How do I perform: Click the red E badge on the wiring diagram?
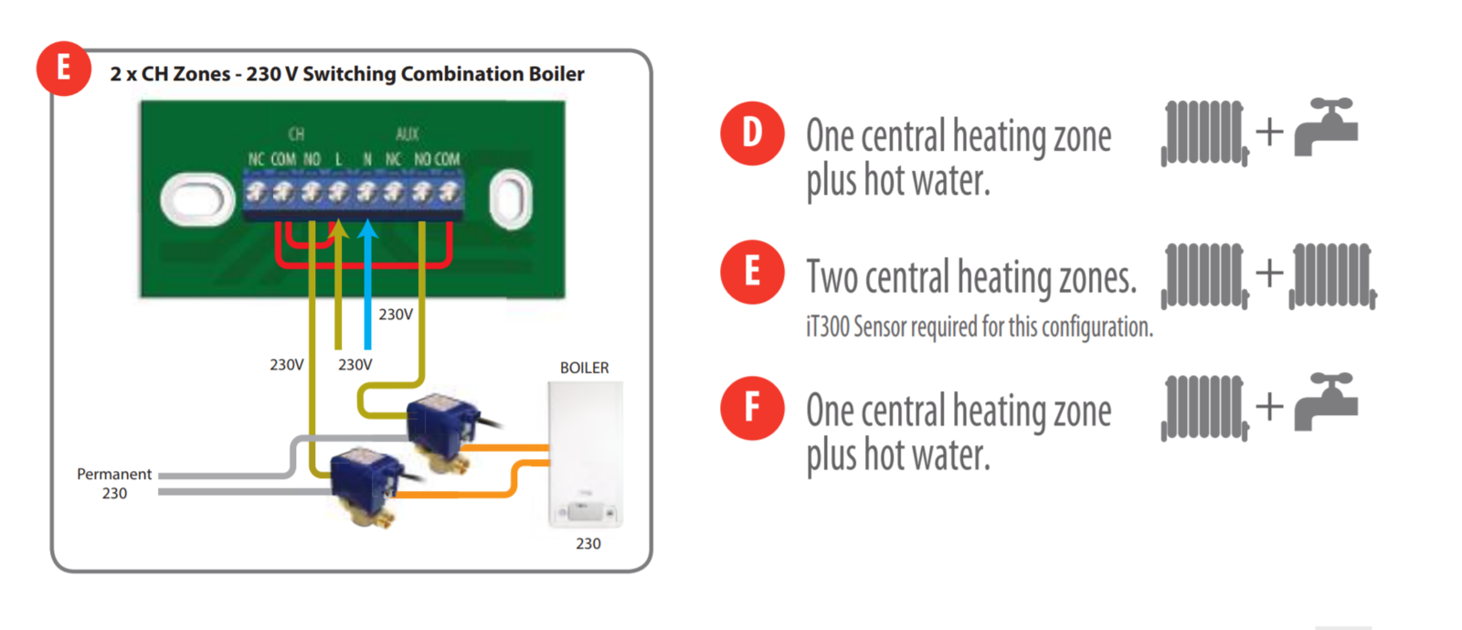pyautogui.click(x=63, y=69)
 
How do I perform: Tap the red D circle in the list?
pyautogui.click(x=752, y=133)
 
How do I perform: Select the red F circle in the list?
pyautogui.click(x=752, y=408)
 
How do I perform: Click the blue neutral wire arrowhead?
pyautogui.click(x=368, y=229)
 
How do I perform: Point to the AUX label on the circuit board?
pyautogui.click(x=408, y=134)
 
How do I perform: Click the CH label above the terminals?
pyautogui.click(x=296, y=134)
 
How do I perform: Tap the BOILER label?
pyautogui.click(x=584, y=368)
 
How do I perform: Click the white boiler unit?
pyautogui.click(x=586, y=454)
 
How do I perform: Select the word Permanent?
pyautogui.click(x=114, y=474)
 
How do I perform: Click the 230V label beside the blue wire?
pyautogui.click(x=396, y=315)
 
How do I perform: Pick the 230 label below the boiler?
pyautogui.click(x=588, y=543)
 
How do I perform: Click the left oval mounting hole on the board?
pyautogui.click(x=197, y=199)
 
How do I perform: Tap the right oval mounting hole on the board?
pyautogui.click(x=511, y=198)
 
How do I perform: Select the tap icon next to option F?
pyautogui.click(x=1326, y=402)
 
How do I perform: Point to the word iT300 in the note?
pyautogui.click(x=828, y=326)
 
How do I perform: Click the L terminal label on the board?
pyautogui.click(x=338, y=159)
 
